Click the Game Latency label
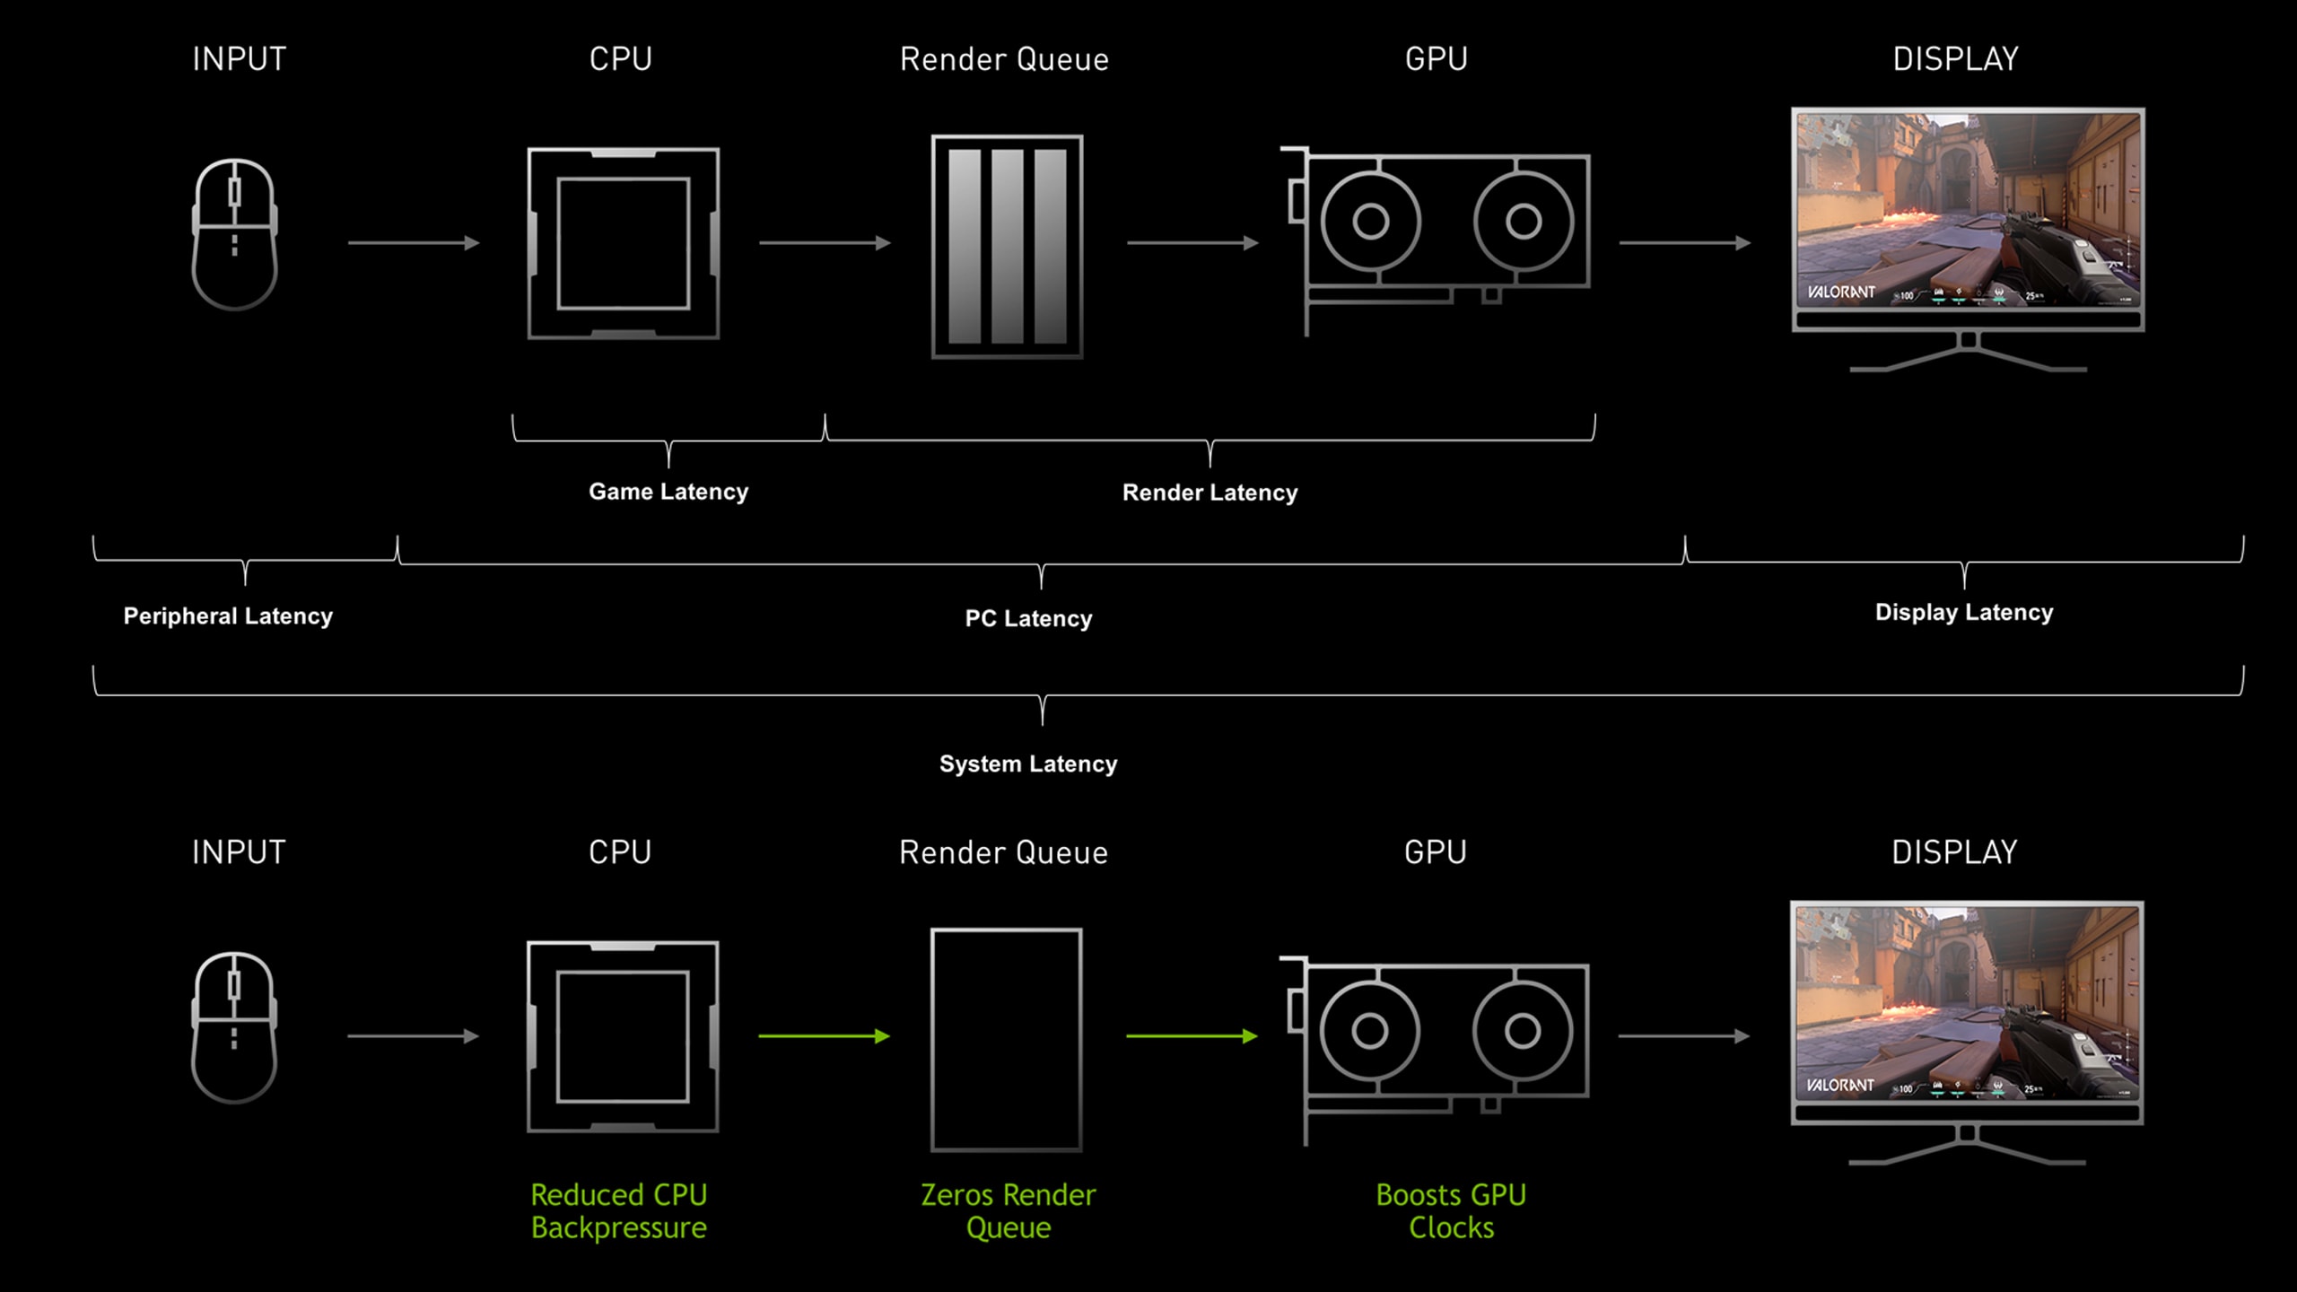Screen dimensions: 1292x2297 [668, 492]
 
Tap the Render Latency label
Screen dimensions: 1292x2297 [1210, 493]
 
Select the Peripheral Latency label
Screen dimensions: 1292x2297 [228, 616]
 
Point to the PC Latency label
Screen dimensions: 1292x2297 [1028, 619]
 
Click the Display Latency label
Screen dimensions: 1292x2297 [1963, 613]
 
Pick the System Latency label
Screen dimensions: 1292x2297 [1028, 764]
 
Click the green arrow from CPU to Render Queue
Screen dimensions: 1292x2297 [824, 1036]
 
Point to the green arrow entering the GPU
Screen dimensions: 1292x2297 [1192, 1036]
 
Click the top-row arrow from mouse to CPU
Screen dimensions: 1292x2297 [414, 243]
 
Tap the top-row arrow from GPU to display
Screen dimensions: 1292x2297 [1684, 243]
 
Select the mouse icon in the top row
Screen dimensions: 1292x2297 [235, 234]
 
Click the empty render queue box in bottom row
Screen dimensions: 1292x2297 [1007, 1040]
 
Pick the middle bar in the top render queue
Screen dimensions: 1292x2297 [1007, 246]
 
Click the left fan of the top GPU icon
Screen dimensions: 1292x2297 [1370, 221]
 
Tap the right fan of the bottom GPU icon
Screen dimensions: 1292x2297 [1522, 1032]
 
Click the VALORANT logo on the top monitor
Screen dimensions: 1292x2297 [1840, 292]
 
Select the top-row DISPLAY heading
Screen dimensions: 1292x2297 [1955, 59]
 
